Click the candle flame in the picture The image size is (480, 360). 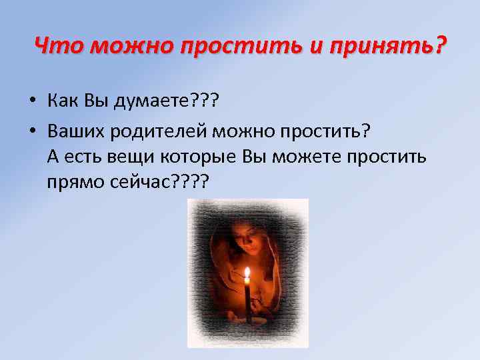point(247,273)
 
